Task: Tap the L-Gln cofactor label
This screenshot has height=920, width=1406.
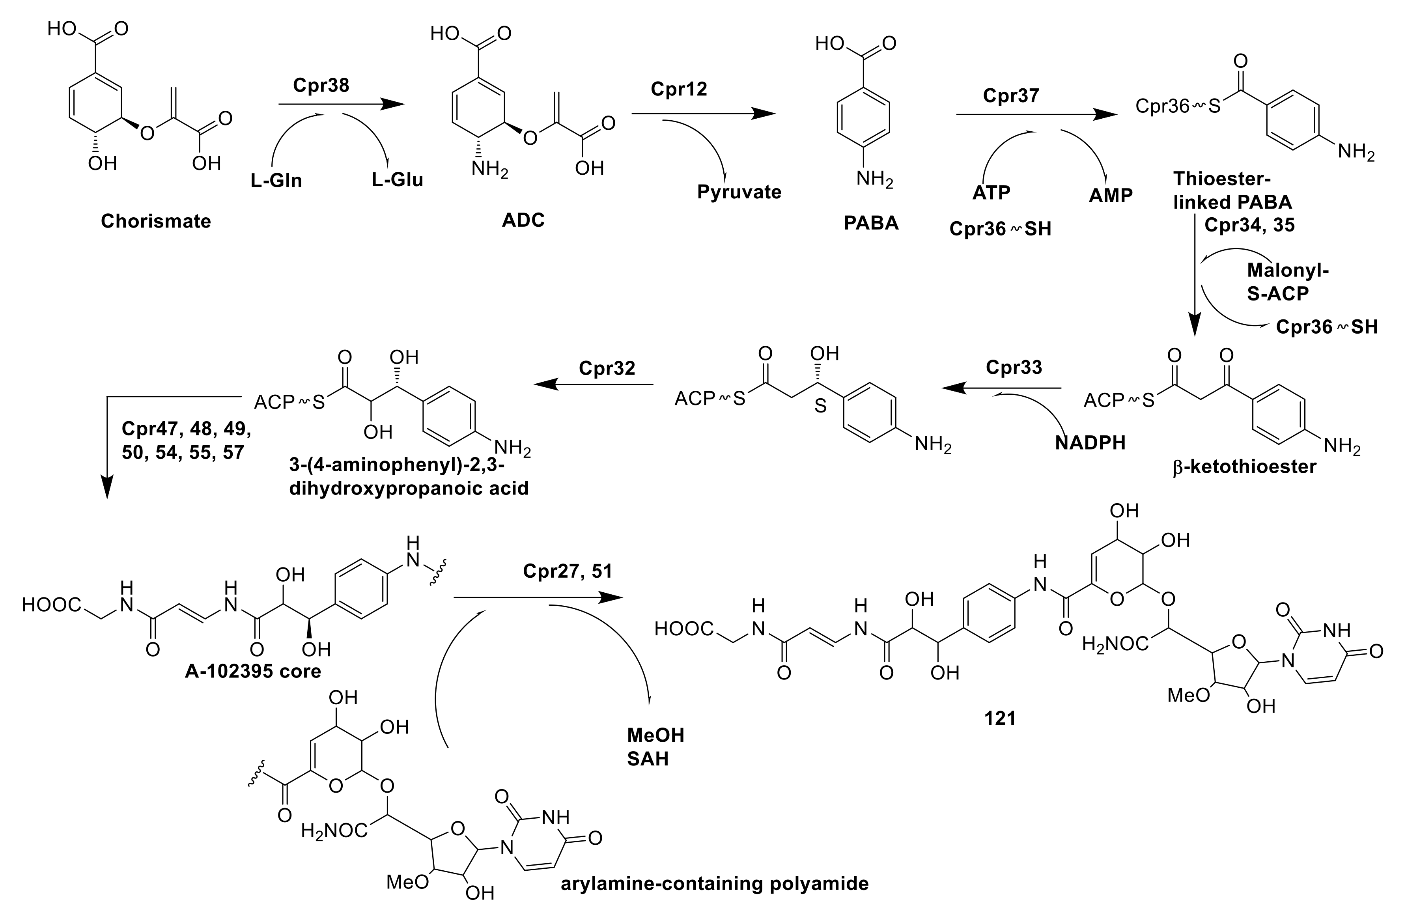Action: click(x=276, y=180)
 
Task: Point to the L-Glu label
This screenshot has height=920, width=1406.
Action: click(x=397, y=179)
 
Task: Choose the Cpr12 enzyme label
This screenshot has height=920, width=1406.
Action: click(x=678, y=89)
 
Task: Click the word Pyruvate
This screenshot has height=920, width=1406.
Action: click(x=739, y=192)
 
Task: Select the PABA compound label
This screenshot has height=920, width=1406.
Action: click(x=871, y=223)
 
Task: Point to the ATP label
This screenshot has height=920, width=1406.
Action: click(x=991, y=192)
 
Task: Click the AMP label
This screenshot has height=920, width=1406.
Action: click(x=1111, y=195)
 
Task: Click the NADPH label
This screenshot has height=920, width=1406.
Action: click(x=1090, y=442)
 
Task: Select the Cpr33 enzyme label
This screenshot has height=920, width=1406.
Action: click(x=1014, y=367)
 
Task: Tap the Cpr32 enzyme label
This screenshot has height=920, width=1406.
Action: click(x=607, y=368)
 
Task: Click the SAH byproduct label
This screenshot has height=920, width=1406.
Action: click(x=648, y=759)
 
